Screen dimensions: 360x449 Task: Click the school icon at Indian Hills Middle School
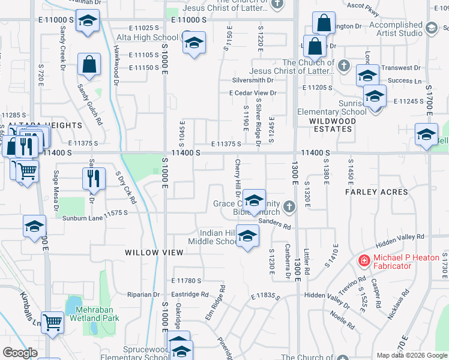coord(247,236)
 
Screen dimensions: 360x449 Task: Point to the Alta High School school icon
coord(194,43)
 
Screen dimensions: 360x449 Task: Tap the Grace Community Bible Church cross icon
coord(289,208)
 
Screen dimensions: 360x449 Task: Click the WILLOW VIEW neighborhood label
coord(154,253)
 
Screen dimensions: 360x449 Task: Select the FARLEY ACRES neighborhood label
coord(376,192)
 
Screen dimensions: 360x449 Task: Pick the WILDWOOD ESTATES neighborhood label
coord(333,125)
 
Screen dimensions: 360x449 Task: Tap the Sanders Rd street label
coord(275,224)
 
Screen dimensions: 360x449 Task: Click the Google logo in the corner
coord(20,353)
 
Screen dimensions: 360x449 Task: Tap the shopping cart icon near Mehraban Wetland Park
coord(53,322)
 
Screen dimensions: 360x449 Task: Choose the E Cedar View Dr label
coord(253,93)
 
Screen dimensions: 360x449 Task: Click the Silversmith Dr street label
coord(253,80)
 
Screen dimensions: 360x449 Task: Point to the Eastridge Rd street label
coord(189,295)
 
